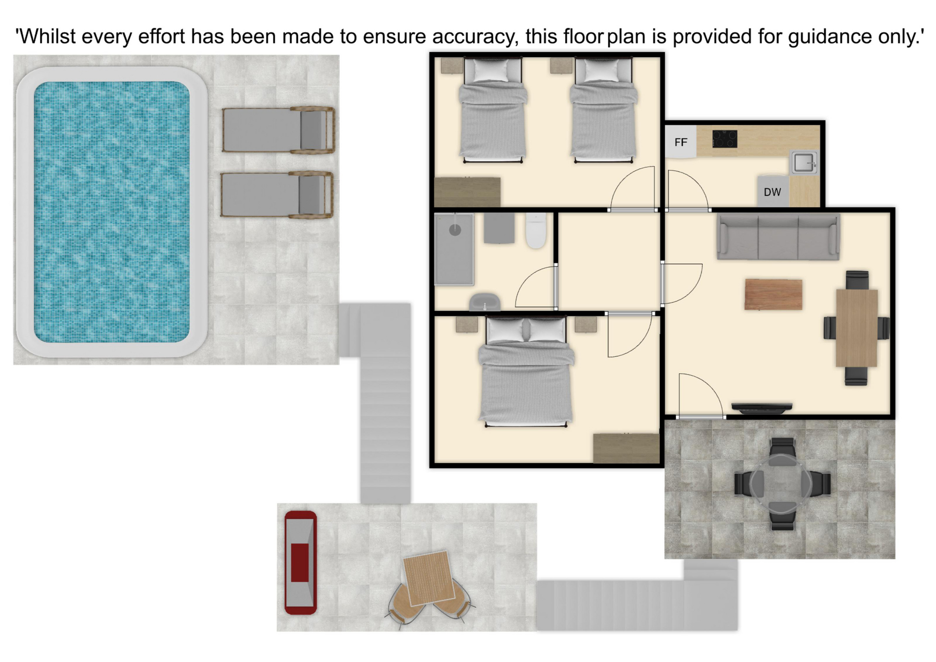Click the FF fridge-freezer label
[x=681, y=142]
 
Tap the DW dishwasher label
[x=772, y=193]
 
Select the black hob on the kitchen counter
[x=724, y=139]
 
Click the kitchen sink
[x=803, y=163]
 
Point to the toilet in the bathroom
[x=536, y=231]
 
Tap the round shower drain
[x=455, y=230]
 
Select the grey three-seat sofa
[x=778, y=238]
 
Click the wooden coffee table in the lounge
[x=773, y=294]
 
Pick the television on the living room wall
[x=761, y=408]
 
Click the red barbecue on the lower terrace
[x=300, y=562]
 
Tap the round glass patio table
[x=781, y=485]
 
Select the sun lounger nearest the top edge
[x=278, y=130]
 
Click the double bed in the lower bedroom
[x=526, y=371]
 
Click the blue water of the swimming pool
[x=112, y=212]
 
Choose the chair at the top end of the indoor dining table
[x=857, y=280]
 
